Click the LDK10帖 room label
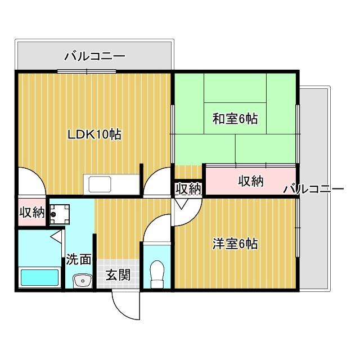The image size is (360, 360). [94, 135]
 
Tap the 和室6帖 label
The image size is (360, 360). [235, 119]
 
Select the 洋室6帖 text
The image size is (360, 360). [235, 244]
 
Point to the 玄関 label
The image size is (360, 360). [119, 275]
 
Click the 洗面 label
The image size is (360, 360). [79, 259]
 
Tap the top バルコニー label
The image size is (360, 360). [94, 56]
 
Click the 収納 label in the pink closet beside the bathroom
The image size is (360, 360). [32, 213]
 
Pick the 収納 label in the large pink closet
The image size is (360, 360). [250, 181]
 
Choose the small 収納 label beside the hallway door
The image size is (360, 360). [187, 189]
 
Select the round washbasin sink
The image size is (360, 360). [83, 280]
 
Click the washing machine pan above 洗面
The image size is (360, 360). [59, 212]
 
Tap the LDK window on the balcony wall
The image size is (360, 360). [87, 71]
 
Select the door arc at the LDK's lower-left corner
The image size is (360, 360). [31, 183]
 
